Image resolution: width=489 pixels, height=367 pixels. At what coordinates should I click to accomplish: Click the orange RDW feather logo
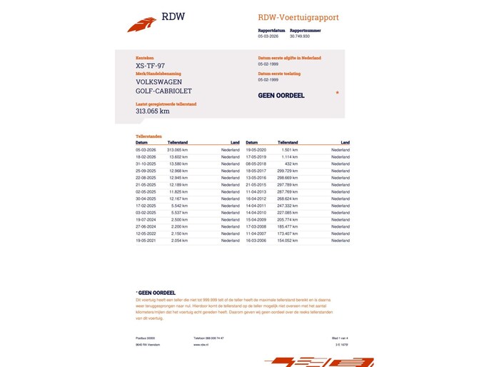click(x=141, y=25)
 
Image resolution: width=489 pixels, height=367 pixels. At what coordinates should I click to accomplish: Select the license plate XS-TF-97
click(x=150, y=66)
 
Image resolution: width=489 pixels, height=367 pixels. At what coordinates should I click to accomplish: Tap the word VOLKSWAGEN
click(x=158, y=82)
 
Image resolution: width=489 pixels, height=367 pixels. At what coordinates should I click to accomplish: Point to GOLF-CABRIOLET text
click(x=163, y=91)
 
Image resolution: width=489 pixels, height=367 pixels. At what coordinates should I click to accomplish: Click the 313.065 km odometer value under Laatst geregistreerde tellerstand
click(x=152, y=111)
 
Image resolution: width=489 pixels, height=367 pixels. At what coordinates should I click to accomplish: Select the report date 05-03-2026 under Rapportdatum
click(x=269, y=36)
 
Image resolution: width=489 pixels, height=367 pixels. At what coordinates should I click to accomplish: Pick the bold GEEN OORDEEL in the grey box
click(x=281, y=96)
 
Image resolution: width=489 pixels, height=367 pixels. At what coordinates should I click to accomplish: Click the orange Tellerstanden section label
click(x=148, y=136)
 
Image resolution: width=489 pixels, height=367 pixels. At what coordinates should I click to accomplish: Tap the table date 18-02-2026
click(x=146, y=156)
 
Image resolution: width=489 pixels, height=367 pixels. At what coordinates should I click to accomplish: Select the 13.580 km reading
click(x=178, y=164)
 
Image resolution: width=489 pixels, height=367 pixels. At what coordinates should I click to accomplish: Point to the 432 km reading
click(x=291, y=164)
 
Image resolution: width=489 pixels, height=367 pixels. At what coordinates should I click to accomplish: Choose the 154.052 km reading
click(x=288, y=241)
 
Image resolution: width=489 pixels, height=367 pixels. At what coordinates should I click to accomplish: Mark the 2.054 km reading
click(x=178, y=241)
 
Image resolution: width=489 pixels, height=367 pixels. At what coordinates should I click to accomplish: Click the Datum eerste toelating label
click(x=279, y=73)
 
